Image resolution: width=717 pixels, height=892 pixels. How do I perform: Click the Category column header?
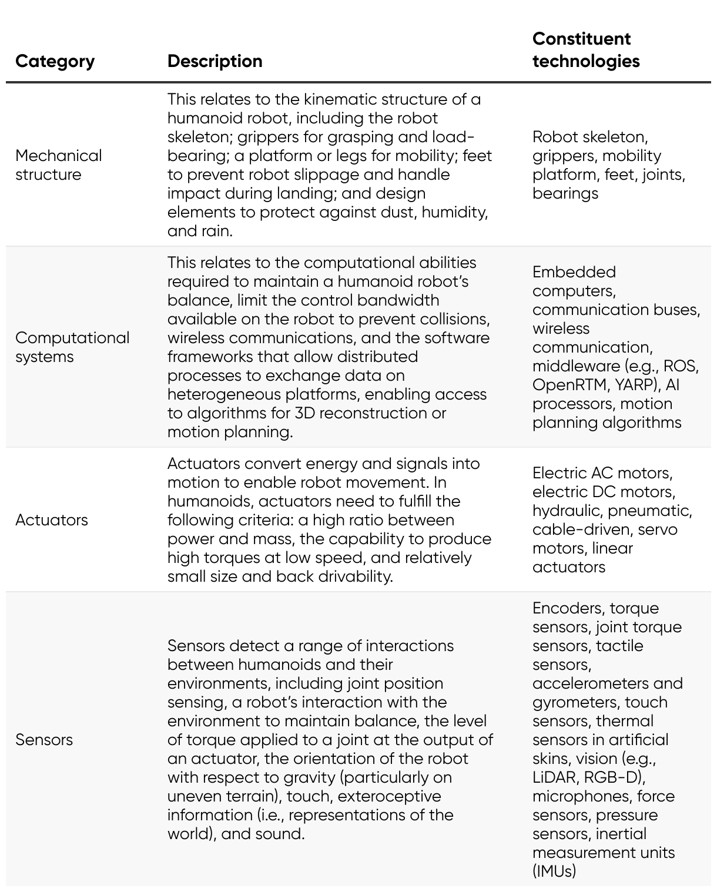55,61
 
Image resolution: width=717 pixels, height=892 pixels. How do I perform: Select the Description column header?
215,61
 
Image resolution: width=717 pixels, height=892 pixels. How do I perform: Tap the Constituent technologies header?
585,50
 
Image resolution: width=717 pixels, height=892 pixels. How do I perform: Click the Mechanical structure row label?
58,165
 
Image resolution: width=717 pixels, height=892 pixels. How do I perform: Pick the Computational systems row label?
72,347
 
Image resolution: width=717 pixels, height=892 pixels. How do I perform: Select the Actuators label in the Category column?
52,519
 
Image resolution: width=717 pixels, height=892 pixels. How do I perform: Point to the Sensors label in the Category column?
44,739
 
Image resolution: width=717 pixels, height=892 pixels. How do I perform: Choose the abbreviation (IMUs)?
554,871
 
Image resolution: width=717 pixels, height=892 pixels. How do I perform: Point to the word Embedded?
566,271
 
